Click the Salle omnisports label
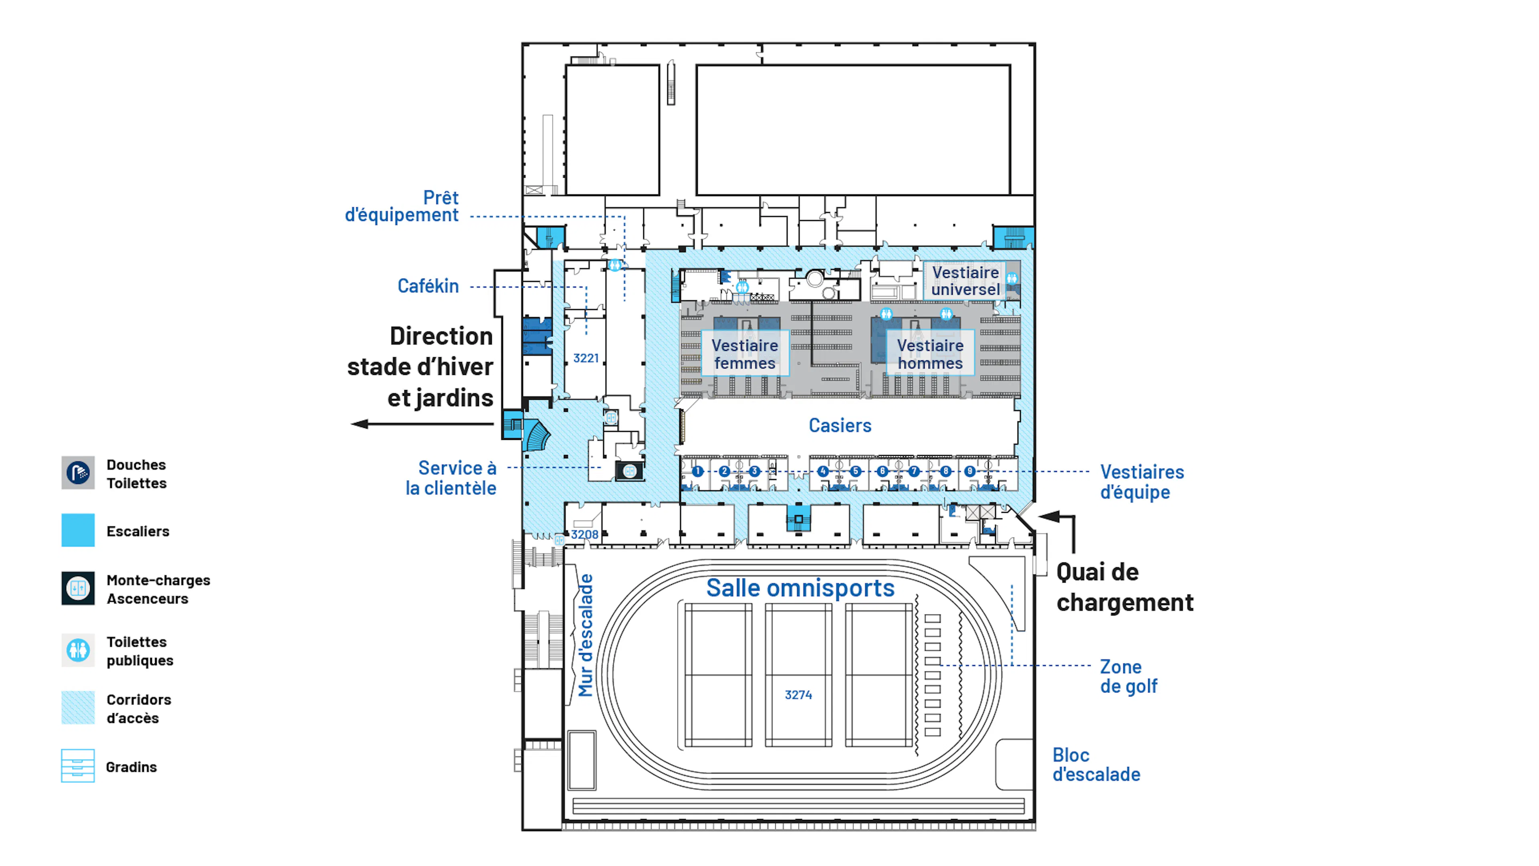coord(800,588)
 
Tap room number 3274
coord(798,694)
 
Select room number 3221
coord(586,358)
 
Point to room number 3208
coord(584,534)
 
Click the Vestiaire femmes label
coord(744,354)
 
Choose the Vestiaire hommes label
coord(930,354)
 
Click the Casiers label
coord(839,425)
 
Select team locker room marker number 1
coord(697,471)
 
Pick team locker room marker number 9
coord(969,471)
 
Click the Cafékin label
coord(428,286)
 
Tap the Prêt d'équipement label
coord(402,206)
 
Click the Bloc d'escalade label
coord(1096,765)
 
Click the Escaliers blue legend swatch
coord(78,530)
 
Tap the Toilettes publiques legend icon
coord(78,650)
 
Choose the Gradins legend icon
coord(78,766)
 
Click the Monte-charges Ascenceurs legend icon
coord(78,589)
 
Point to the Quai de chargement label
coord(1124,587)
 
